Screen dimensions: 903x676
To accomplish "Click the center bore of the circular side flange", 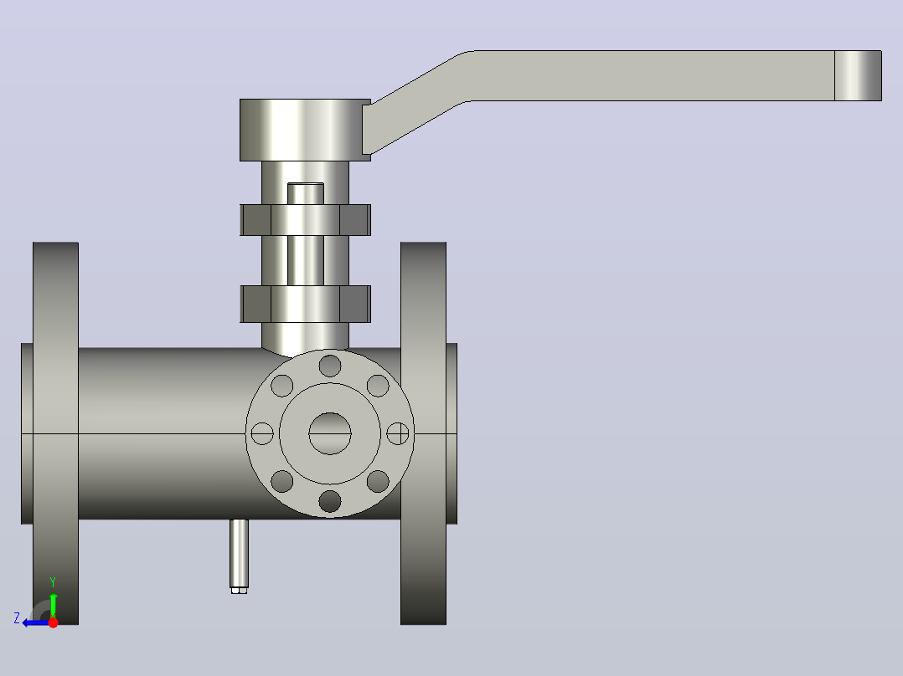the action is point(330,433).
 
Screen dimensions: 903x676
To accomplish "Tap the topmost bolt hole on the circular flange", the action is point(330,366).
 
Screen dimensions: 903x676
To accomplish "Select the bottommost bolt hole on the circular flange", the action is point(330,501).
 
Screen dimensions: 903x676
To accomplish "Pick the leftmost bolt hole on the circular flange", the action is point(262,433).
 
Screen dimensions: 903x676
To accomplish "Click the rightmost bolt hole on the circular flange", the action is point(397,433).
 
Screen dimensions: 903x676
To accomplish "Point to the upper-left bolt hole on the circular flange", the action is point(282,386).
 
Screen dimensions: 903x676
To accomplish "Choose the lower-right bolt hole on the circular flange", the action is point(378,482).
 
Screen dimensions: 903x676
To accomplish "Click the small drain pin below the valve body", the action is point(239,556).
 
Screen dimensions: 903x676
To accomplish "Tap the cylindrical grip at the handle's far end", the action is point(858,75).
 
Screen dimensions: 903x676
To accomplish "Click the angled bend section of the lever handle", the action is point(417,103).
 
